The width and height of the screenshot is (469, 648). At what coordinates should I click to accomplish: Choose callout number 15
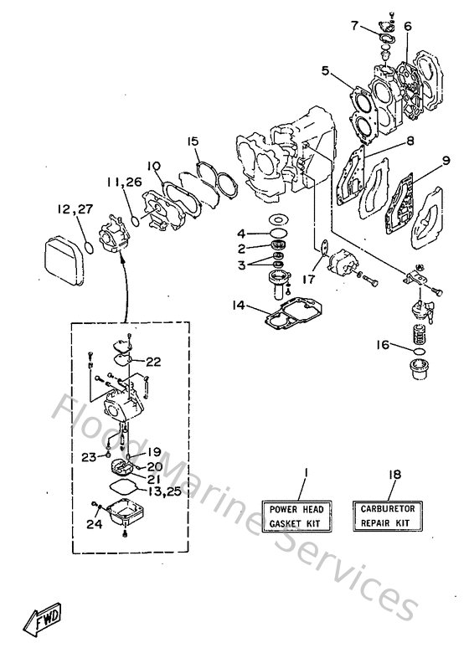[193, 141]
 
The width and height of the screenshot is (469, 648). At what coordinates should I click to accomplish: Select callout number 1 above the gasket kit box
[305, 474]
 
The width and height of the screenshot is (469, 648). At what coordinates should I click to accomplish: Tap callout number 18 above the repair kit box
[394, 474]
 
